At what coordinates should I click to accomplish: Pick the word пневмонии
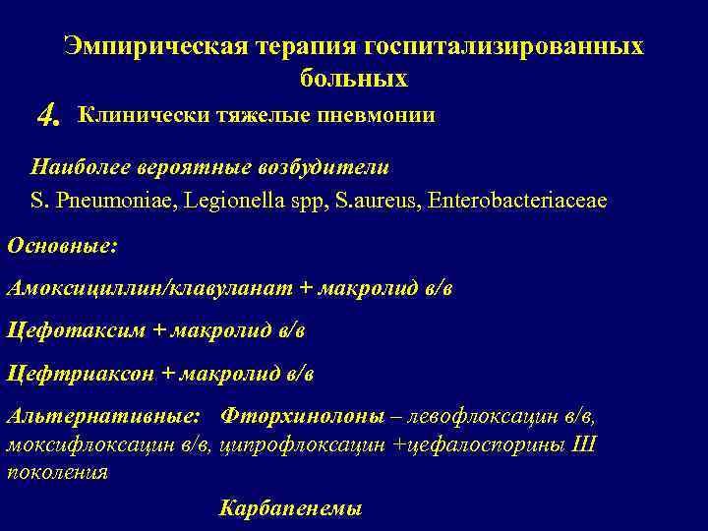[x=375, y=116]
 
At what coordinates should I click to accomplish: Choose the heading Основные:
[x=62, y=245]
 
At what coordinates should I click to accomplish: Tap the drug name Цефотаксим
[x=75, y=330]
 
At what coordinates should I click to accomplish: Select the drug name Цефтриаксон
[x=80, y=374]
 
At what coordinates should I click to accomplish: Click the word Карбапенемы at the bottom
[x=290, y=508]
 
